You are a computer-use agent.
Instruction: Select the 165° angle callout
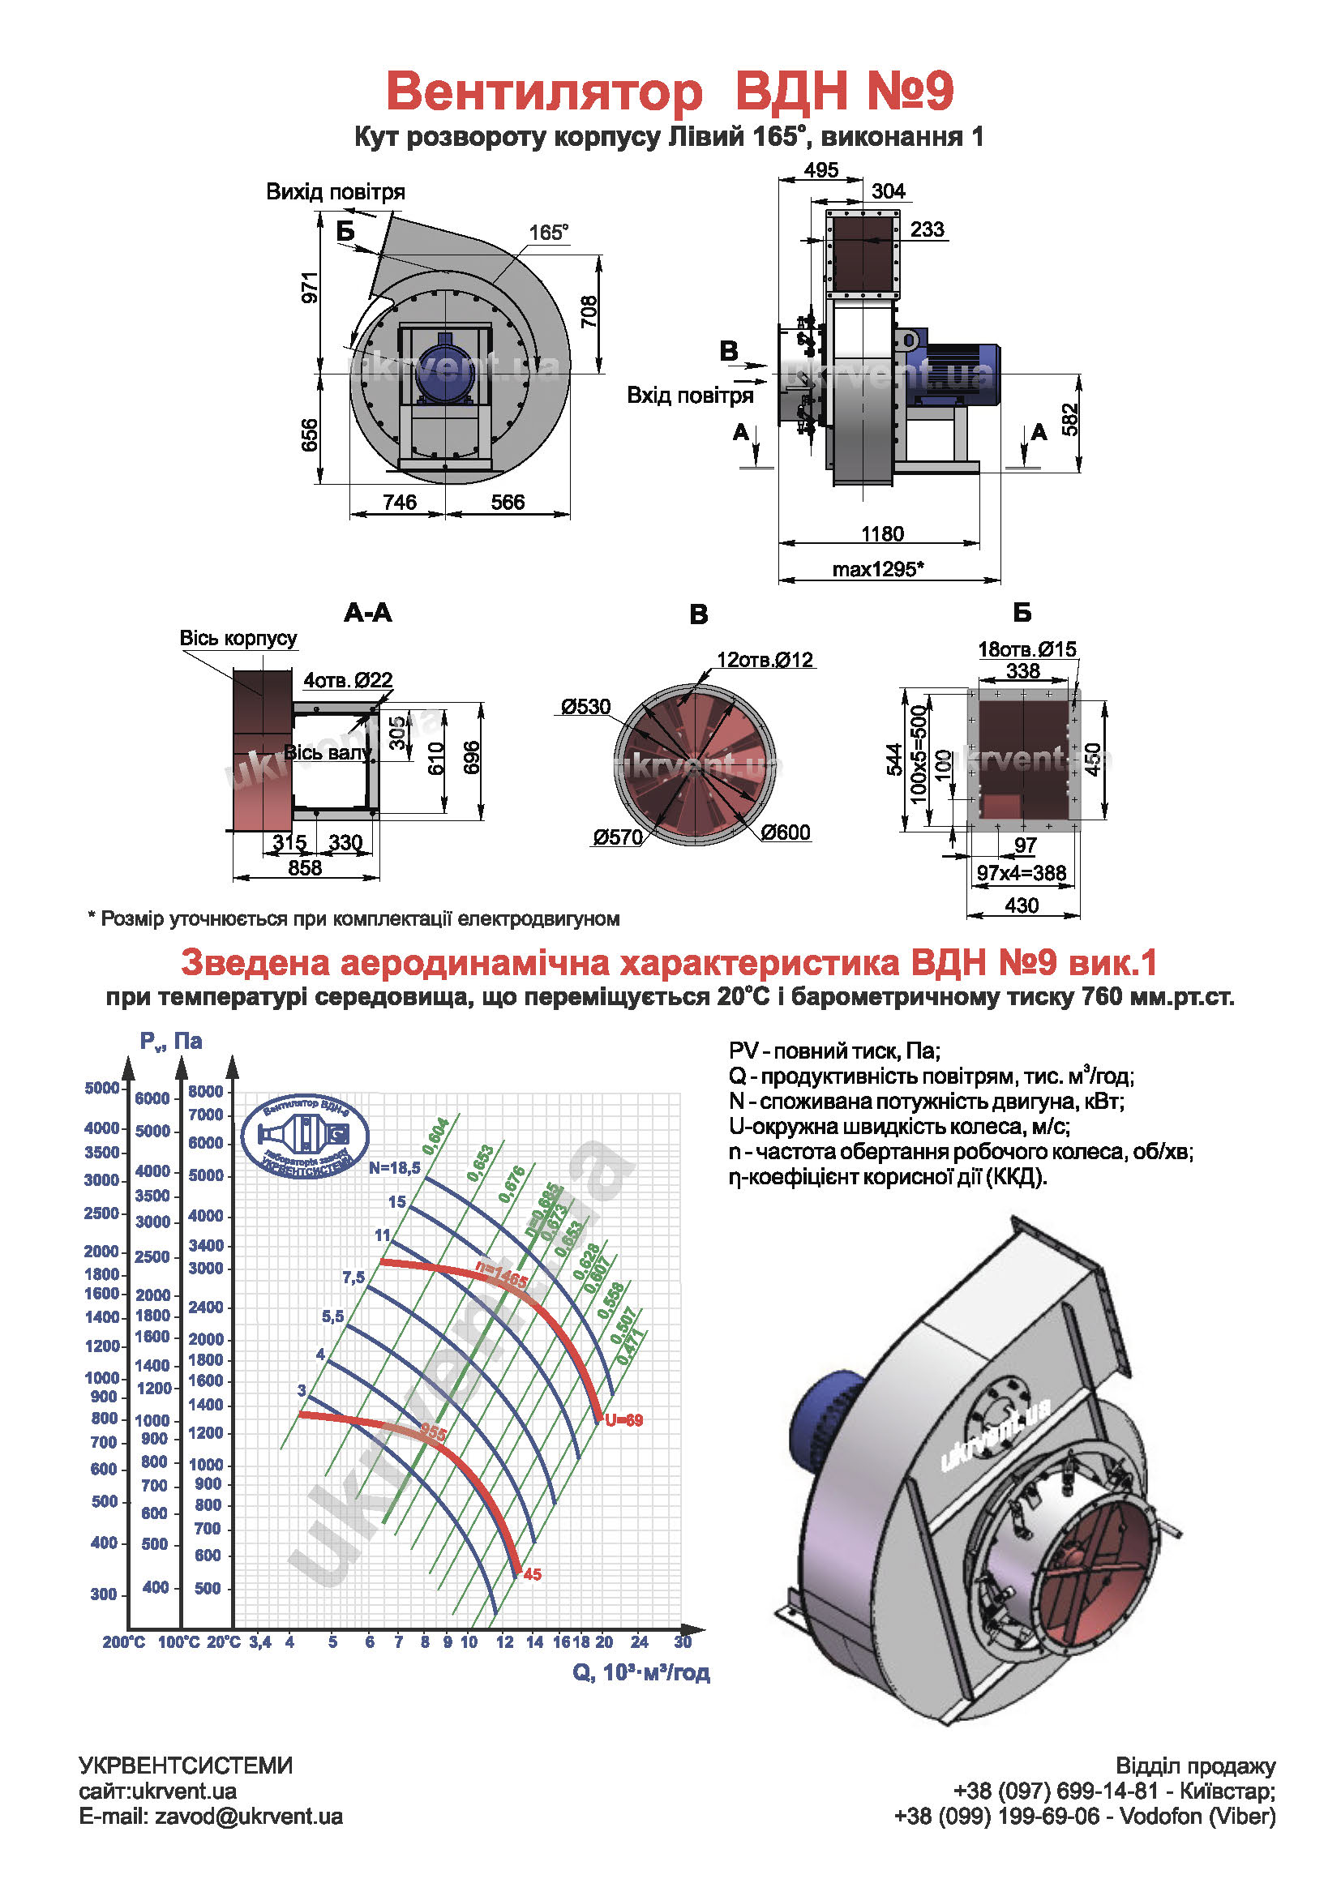tap(548, 233)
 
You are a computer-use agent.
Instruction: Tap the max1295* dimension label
tap(877, 569)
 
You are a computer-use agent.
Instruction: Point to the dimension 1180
tap(882, 533)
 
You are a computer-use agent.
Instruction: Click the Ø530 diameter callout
tap(585, 707)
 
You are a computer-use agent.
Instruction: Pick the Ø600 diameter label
tap(786, 832)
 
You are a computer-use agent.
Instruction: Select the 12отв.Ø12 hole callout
tap(765, 660)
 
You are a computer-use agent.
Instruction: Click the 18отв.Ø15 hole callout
tap(1026, 649)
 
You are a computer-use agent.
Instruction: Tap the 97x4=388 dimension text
tap(1022, 873)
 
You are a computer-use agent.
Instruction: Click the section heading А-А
tap(368, 613)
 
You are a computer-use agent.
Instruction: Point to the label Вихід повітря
tap(336, 192)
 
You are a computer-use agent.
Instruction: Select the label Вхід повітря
tap(689, 396)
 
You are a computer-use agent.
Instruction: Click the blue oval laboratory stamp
tap(305, 1136)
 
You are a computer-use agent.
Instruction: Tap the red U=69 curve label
tap(623, 1420)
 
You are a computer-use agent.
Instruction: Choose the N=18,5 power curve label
tap(395, 1167)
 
